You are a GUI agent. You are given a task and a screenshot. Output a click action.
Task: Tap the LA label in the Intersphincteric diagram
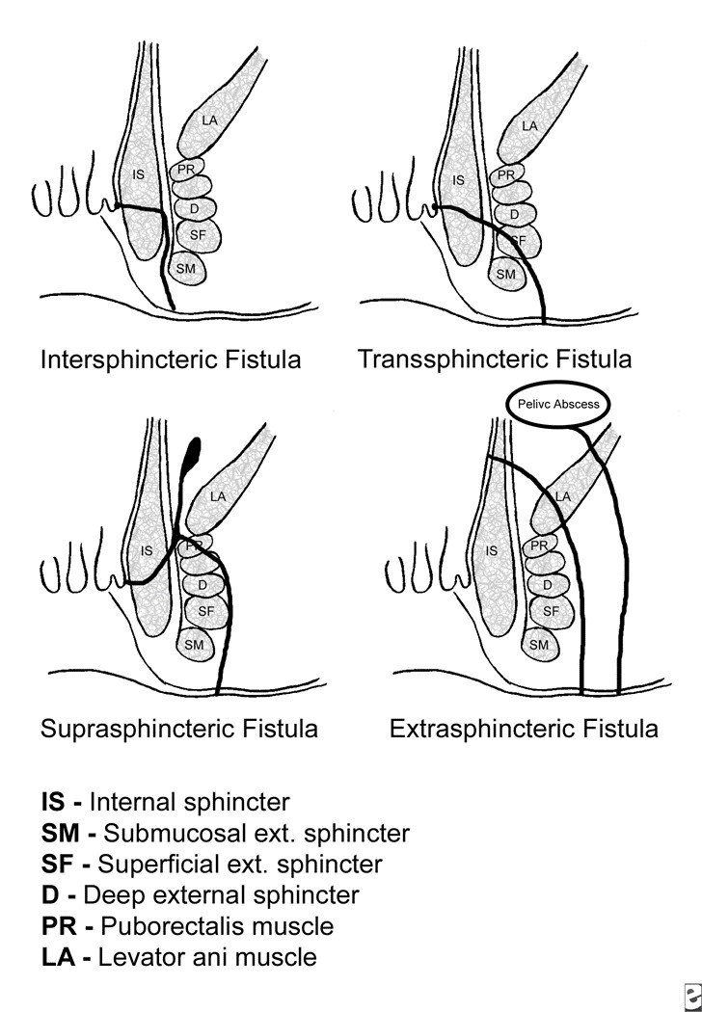(x=210, y=120)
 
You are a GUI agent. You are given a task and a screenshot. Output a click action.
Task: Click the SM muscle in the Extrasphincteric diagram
(x=538, y=644)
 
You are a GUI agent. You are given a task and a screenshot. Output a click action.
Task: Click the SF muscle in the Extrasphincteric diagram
(x=551, y=611)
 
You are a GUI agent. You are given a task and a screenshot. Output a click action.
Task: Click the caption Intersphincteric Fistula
(x=171, y=360)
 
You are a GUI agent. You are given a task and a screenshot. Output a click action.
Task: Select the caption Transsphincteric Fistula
(x=495, y=360)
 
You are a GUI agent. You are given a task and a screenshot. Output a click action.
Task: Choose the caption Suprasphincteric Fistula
(x=179, y=728)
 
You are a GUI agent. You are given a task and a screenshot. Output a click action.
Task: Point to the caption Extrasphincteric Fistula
(x=524, y=728)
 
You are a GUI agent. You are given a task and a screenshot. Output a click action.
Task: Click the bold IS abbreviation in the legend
(x=53, y=801)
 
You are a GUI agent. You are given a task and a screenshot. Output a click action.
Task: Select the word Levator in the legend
(x=132, y=957)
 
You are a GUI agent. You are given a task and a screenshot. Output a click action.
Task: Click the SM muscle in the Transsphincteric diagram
(x=504, y=274)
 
